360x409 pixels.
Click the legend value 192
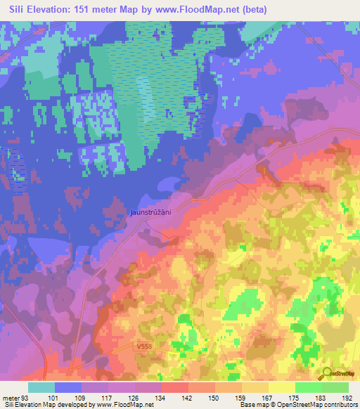(347, 398)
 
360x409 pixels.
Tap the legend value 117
(108, 398)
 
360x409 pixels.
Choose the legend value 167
(268, 398)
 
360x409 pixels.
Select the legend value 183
(320, 398)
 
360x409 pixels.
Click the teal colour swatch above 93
(41, 387)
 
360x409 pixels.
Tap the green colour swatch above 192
(335, 387)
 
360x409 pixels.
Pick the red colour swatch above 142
(175, 387)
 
